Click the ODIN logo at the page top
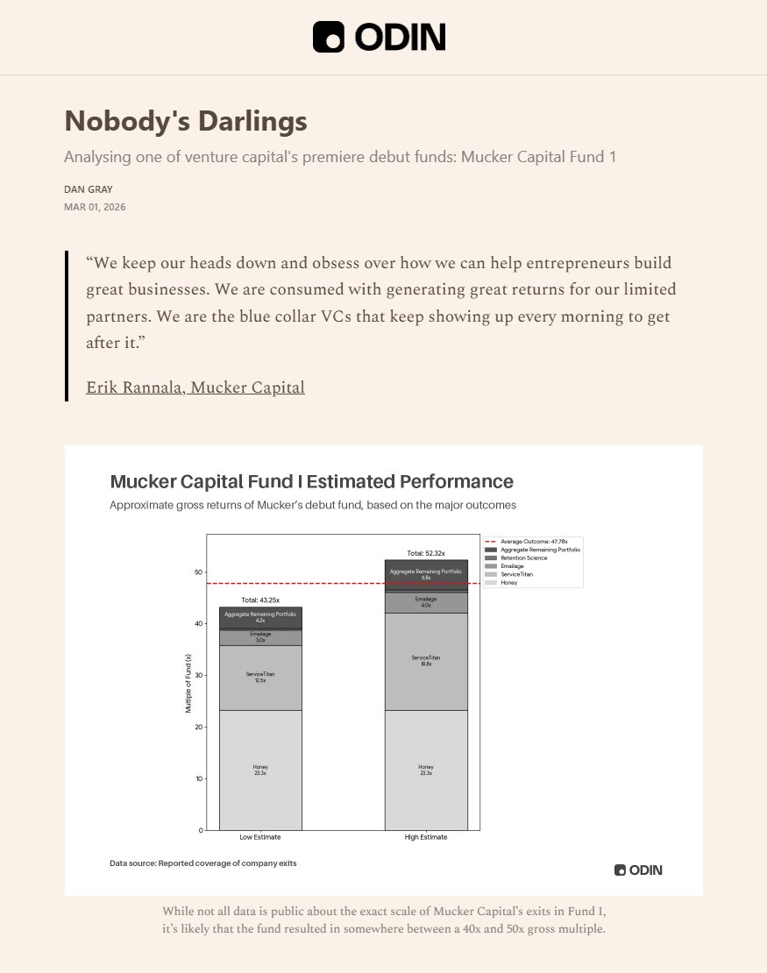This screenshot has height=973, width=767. click(380, 37)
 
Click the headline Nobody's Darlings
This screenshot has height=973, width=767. click(186, 121)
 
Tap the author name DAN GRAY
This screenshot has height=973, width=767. click(89, 189)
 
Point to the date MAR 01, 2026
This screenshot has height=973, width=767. click(101, 207)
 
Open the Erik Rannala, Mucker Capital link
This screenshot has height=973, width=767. click(195, 387)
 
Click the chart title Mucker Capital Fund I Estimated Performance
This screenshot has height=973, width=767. click(311, 481)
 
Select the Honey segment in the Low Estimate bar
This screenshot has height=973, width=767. click(260, 770)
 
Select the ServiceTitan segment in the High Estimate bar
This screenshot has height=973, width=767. click(426, 660)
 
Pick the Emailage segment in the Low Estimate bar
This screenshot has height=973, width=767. click(260, 637)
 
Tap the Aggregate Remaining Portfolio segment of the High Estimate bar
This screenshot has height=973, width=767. click(426, 574)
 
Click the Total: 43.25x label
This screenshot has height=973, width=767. click(259, 600)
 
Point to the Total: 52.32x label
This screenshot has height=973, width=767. click(426, 553)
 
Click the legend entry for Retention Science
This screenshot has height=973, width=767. click(524, 558)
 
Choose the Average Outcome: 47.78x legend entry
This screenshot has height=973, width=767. click(535, 542)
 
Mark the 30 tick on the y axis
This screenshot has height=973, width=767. click(199, 675)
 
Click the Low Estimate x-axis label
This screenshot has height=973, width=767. click(260, 837)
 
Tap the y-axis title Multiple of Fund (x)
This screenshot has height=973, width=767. click(188, 683)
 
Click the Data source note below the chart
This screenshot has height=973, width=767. click(203, 863)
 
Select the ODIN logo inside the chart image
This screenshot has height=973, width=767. click(638, 870)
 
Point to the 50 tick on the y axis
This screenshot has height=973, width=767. click(199, 572)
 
